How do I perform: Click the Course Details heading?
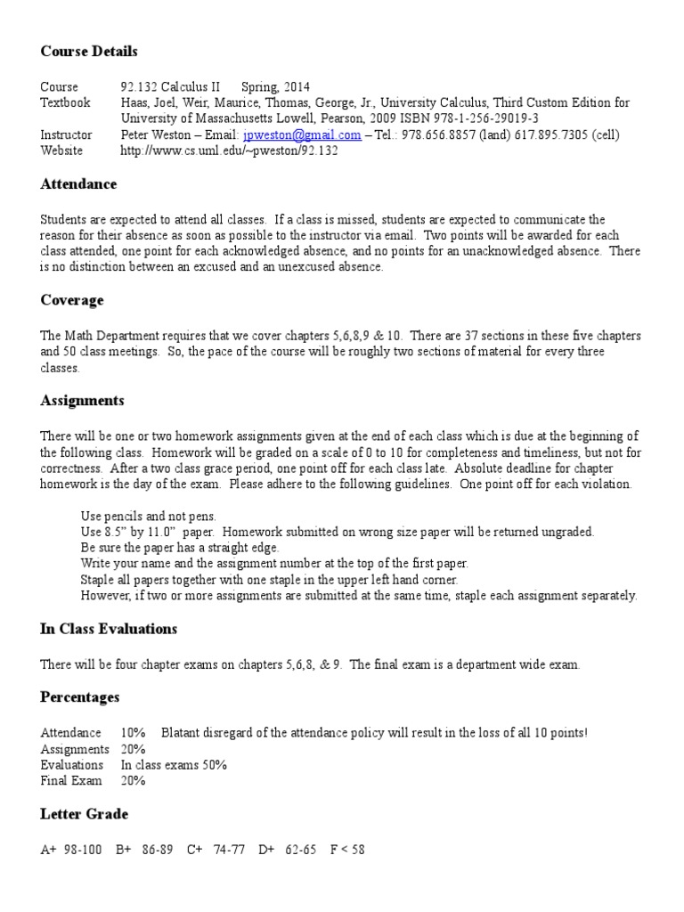[x=89, y=51]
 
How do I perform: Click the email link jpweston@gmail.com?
[x=302, y=135]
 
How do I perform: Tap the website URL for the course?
[x=229, y=151]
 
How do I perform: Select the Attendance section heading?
[x=78, y=184]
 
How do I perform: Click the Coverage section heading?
[x=72, y=300]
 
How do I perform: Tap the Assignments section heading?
[x=82, y=400]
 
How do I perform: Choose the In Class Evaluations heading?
[x=109, y=629]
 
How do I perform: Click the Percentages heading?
[x=80, y=696]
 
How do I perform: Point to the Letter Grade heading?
[x=84, y=814]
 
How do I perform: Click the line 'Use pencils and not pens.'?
[x=148, y=517]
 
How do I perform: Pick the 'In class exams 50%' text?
[x=174, y=765]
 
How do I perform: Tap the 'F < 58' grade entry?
[x=347, y=850]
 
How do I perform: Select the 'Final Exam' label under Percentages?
[x=68, y=781]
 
